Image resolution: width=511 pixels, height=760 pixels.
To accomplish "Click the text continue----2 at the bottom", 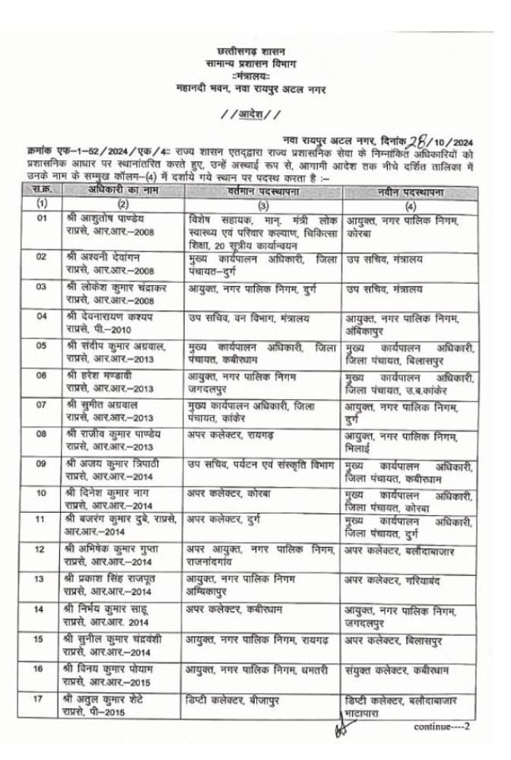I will coord(442,727).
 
